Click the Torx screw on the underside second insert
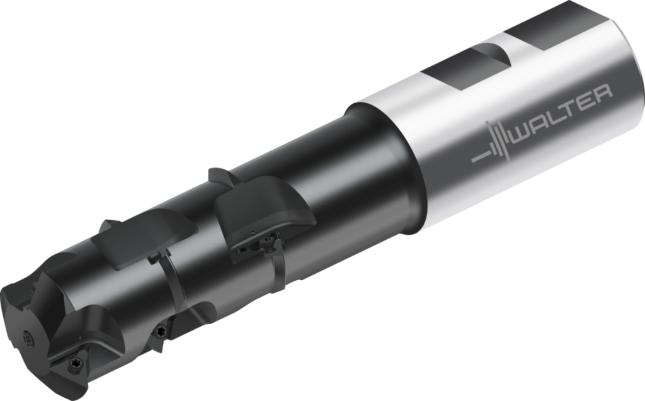[x=159, y=330]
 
